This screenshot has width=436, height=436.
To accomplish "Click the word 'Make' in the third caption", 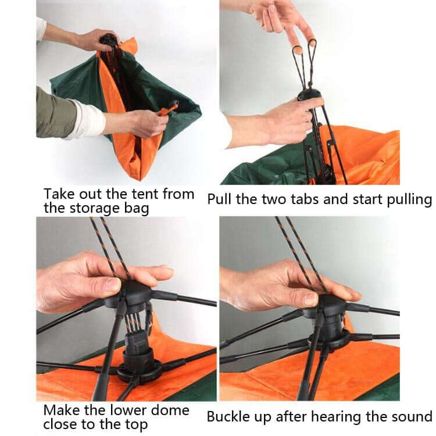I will tap(61, 410).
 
